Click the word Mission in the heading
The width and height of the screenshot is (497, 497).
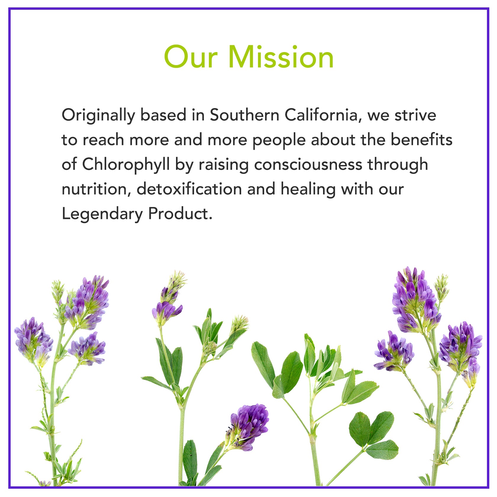tap(281, 57)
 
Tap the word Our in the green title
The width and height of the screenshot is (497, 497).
tap(191, 57)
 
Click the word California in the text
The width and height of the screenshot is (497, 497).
tap(323, 115)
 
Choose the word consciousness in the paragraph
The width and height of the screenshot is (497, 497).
tap(308, 165)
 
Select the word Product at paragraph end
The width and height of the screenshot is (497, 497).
tap(180, 213)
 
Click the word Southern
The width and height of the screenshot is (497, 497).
tap(245, 115)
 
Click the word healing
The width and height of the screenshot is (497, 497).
tap(308, 190)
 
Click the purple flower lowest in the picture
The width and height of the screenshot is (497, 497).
tap(248, 426)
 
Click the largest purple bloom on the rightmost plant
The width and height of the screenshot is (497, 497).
tap(416, 300)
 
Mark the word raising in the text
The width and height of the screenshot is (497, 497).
tap(223, 165)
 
